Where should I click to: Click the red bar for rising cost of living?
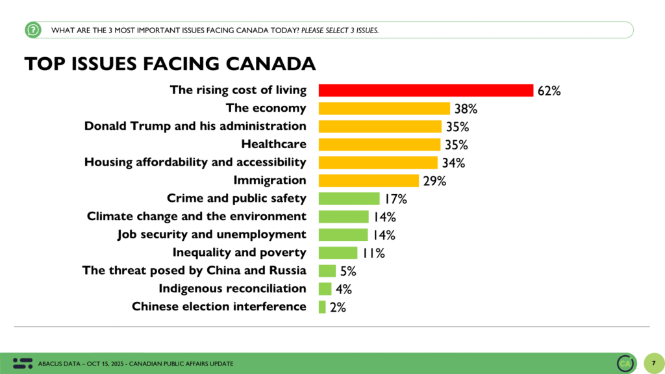coord(425,90)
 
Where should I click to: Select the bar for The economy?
coord(384,108)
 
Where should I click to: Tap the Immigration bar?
coord(368,181)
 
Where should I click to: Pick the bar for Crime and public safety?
coord(349,199)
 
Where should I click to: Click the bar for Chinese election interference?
coord(322,306)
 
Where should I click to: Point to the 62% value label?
coord(549,91)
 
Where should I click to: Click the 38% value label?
coord(466,109)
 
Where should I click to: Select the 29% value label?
coord(434,181)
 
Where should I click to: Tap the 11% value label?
coord(372,253)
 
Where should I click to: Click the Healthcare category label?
coord(273,144)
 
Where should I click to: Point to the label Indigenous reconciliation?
coord(232,288)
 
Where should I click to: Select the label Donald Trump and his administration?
coord(195,126)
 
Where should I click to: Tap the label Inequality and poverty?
coord(239,253)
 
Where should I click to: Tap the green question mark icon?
coord(33,30)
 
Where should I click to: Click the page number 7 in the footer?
coord(653,362)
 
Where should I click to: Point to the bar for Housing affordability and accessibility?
coord(378,162)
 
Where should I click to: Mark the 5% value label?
coord(348,271)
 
